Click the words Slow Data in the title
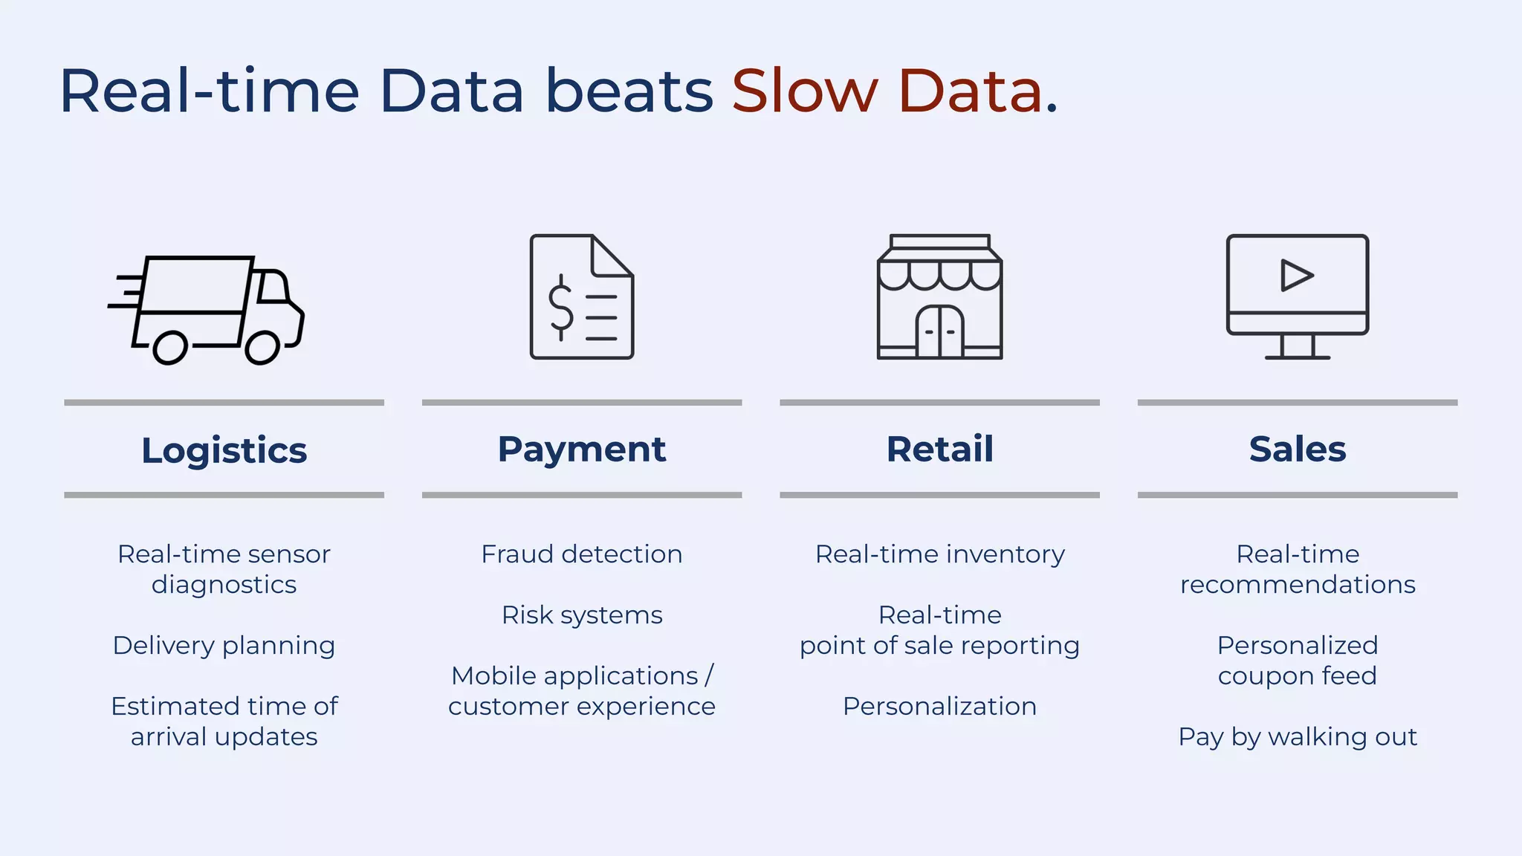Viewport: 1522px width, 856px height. [x=887, y=91]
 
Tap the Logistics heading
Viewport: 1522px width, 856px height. [x=224, y=450]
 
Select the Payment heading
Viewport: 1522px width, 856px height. [x=581, y=449]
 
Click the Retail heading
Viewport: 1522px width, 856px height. [x=939, y=449]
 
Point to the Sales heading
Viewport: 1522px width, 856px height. [x=1297, y=449]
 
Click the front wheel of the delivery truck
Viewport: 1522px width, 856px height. [x=262, y=348]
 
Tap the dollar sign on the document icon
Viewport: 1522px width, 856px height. [x=560, y=307]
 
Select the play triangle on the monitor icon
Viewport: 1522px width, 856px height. [x=1295, y=276]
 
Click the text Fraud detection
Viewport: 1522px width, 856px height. [x=581, y=554]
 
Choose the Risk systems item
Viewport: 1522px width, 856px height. [x=581, y=615]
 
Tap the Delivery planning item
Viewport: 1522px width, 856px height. [x=224, y=646]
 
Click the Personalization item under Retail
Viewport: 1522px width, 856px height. [x=939, y=707]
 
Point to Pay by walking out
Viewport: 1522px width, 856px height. [x=1297, y=737]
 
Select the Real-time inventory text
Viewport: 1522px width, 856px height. [x=939, y=554]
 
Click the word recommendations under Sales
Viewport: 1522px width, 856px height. [x=1297, y=585]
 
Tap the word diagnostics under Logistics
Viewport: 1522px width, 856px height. [x=224, y=585]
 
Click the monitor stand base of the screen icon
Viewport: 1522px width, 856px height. [x=1297, y=357]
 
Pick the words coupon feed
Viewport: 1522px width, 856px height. [x=1297, y=676]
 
